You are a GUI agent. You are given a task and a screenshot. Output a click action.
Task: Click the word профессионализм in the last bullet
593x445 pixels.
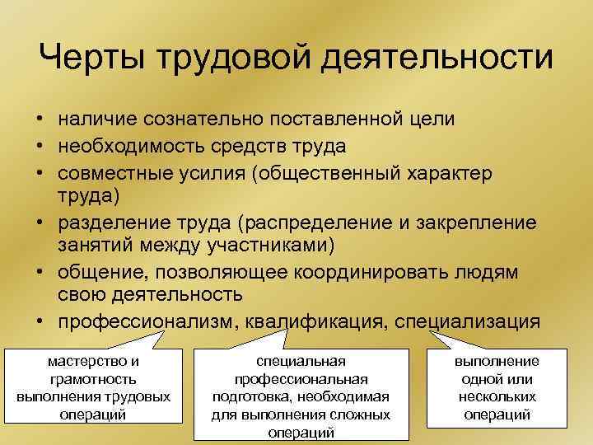click(145, 322)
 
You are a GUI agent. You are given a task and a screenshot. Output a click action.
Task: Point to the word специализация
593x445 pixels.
click(467, 322)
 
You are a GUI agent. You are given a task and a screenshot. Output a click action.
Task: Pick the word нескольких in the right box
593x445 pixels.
click(497, 396)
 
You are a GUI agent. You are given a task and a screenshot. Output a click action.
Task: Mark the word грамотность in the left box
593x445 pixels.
click(93, 378)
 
